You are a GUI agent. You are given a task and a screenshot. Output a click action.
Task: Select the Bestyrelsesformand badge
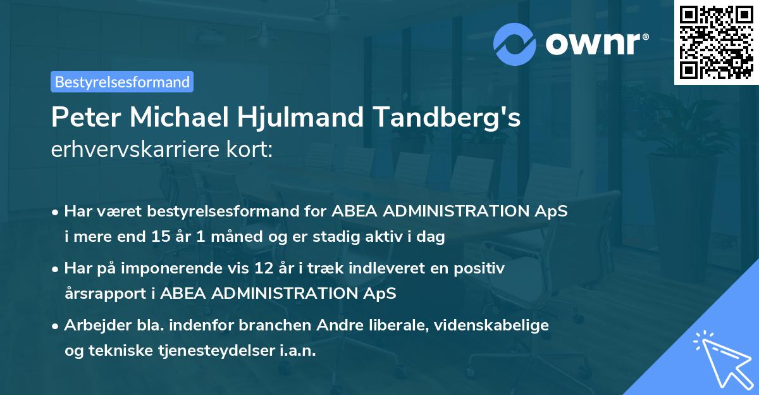point(122,82)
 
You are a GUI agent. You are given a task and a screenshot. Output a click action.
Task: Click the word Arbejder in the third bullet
point(93,325)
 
